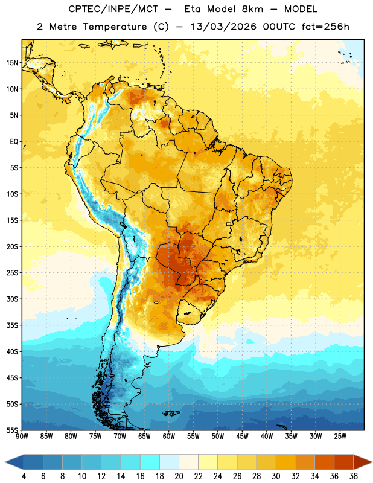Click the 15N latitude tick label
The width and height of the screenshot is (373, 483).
pos(12,63)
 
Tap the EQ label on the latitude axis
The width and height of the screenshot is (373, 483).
pos(14,142)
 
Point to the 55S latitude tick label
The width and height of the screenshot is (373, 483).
pos(12,430)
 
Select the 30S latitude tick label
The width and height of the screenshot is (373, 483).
pos(12,299)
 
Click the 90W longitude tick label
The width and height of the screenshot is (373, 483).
pos(22,436)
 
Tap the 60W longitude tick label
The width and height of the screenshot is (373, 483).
pos(169,436)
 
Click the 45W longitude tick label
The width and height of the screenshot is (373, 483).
pos(242,436)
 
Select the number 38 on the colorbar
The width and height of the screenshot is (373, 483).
pos(353,476)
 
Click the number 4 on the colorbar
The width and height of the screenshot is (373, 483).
pos(24,476)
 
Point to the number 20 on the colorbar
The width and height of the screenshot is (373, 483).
pos(179,476)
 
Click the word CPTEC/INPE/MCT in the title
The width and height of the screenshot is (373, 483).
pos(113,9)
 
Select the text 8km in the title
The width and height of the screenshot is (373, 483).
pos(252,9)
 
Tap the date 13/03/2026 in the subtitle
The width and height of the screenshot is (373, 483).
pos(223,27)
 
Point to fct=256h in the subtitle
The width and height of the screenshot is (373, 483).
pos(325,27)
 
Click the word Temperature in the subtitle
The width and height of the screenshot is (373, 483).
pos(115,27)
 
